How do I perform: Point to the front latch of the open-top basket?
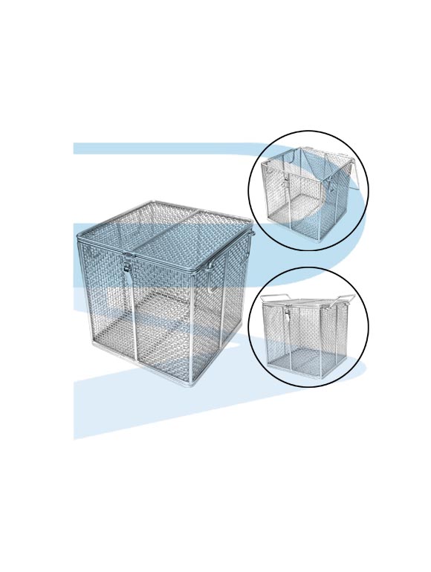pos(286,178)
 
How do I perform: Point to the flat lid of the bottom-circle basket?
pos(308,303)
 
